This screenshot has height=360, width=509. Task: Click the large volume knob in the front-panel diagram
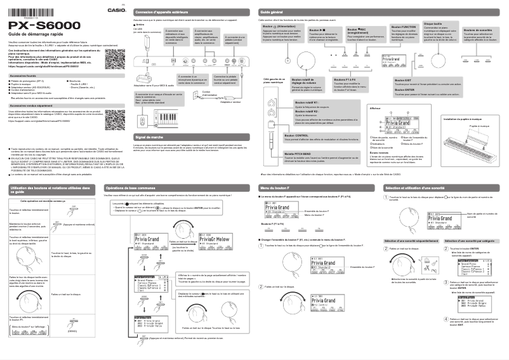[287, 60]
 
